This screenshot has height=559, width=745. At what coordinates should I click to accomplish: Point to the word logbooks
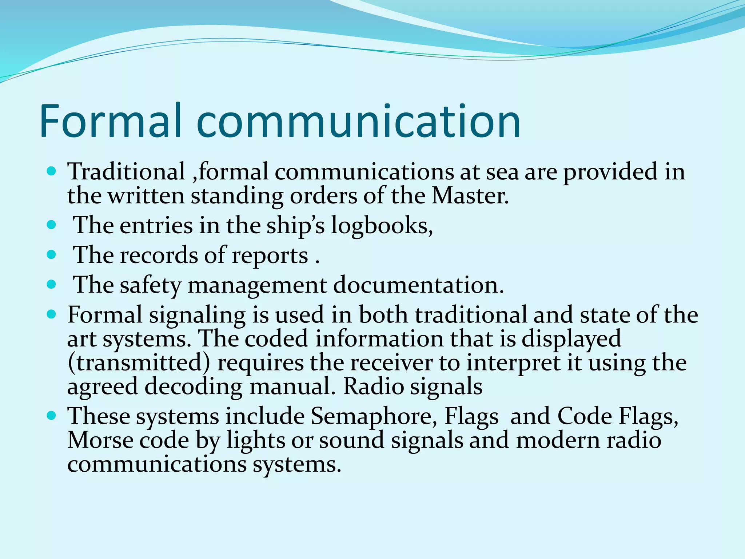(x=382, y=226)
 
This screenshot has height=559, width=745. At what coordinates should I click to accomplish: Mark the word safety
(x=150, y=286)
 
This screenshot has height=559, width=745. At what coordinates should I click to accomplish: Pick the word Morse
(x=100, y=440)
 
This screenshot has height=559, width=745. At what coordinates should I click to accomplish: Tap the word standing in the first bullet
(x=237, y=197)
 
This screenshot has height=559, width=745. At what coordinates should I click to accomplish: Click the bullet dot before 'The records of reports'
(x=52, y=254)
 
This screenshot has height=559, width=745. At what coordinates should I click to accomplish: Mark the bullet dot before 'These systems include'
(x=52, y=415)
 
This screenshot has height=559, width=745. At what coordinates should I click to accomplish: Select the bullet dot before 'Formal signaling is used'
(x=52, y=314)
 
